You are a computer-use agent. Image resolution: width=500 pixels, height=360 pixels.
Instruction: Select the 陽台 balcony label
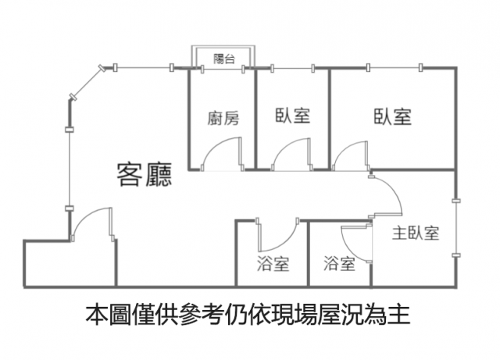(x=223, y=59)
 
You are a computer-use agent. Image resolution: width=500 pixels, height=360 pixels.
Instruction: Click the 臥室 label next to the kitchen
(x=293, y=116)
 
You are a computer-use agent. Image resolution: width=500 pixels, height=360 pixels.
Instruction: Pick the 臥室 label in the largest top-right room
(x=392, y=117)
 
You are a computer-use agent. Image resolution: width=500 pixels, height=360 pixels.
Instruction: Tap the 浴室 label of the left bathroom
(x=273, y=264)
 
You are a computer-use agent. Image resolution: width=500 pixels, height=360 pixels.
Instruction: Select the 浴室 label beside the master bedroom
(x=339, y=264)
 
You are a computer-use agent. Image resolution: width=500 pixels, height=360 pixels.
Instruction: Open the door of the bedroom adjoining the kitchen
(x=289, y=153)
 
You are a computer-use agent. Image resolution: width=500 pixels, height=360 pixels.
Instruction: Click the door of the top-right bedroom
(x=349, y=153)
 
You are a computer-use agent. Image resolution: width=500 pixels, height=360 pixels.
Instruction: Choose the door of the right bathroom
(x=355, y=237)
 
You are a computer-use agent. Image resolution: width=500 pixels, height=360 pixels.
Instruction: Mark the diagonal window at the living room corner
(x=86, y=83)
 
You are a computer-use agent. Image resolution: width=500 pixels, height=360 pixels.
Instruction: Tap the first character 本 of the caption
(x=95, y=316)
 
